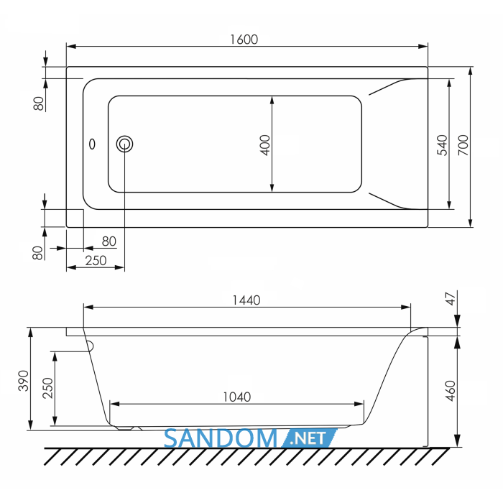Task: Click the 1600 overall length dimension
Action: pos(244,40)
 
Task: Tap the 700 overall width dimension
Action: pos(463,145)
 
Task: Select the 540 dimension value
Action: pos(442,145)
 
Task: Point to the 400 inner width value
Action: pos(265,145)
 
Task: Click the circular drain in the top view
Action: pos(124,144)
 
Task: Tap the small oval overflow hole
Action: pos(92,144)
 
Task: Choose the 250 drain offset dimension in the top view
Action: pos(96,260)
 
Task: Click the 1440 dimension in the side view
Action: pos(246,300)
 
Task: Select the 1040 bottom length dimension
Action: pos(236,397)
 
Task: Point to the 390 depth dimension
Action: pos(24,381)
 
